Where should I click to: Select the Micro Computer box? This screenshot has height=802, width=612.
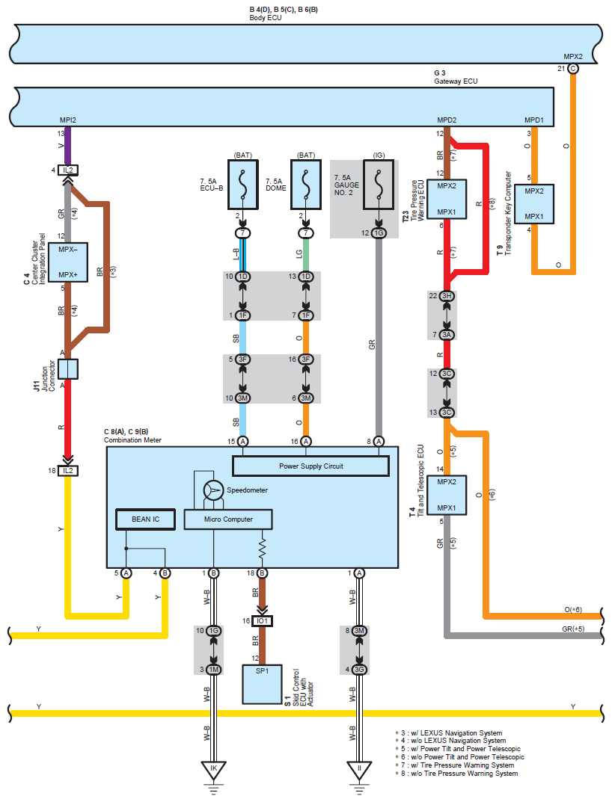228,519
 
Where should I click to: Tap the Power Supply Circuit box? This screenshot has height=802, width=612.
310,466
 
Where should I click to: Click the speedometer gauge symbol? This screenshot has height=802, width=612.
214,490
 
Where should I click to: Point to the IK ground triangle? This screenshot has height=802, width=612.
213,769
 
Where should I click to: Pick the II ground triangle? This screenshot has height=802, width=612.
359,769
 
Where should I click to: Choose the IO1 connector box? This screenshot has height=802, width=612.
262,621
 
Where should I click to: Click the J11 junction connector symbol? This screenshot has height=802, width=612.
68,369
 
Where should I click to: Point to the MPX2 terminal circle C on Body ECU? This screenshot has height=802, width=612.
573,69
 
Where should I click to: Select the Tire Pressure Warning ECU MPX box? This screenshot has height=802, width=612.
451,198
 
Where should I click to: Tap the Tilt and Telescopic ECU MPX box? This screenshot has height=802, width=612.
451,495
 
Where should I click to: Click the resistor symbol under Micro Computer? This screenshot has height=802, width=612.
263,549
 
